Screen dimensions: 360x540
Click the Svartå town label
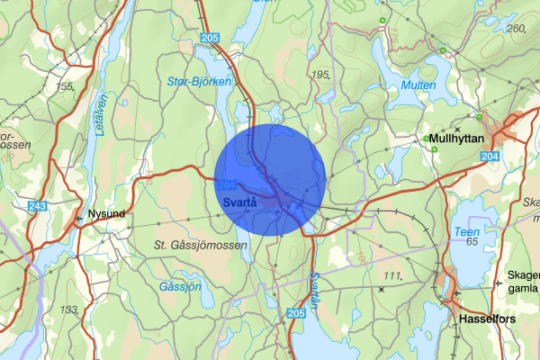pos(238,202)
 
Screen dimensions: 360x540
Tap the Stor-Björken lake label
pos(200,82)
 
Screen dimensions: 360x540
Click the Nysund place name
pos(106,214)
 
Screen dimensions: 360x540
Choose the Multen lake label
pos(419,85)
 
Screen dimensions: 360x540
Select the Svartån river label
pos(312,286)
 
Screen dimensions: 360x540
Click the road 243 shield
pos(37,207)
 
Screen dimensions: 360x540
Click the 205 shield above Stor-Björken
pos(210,37)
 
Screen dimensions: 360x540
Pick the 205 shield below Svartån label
pos(297,312)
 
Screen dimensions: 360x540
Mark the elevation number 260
pos(516,28)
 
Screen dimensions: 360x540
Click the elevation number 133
pos(69,310)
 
